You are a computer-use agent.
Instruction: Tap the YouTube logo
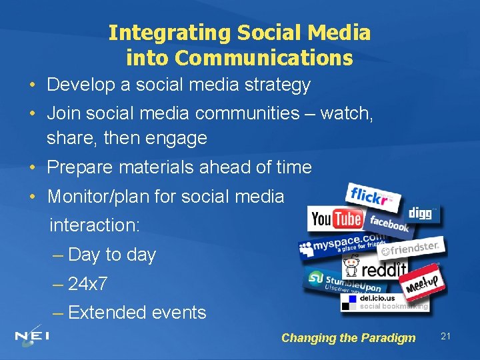pyautogui.click(x=335, y=219)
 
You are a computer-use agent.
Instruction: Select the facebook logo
pyautogui.click(x=389, y=224)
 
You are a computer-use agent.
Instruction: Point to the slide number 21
pyautogui.click(x=445, y=337)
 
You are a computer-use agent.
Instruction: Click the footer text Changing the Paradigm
pyautogui.click(x=348, y=338)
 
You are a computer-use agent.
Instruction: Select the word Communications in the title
pyautogui.click(x=263, y=59)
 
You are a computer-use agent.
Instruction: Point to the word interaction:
pyautogui.click(x=94, y=225)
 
